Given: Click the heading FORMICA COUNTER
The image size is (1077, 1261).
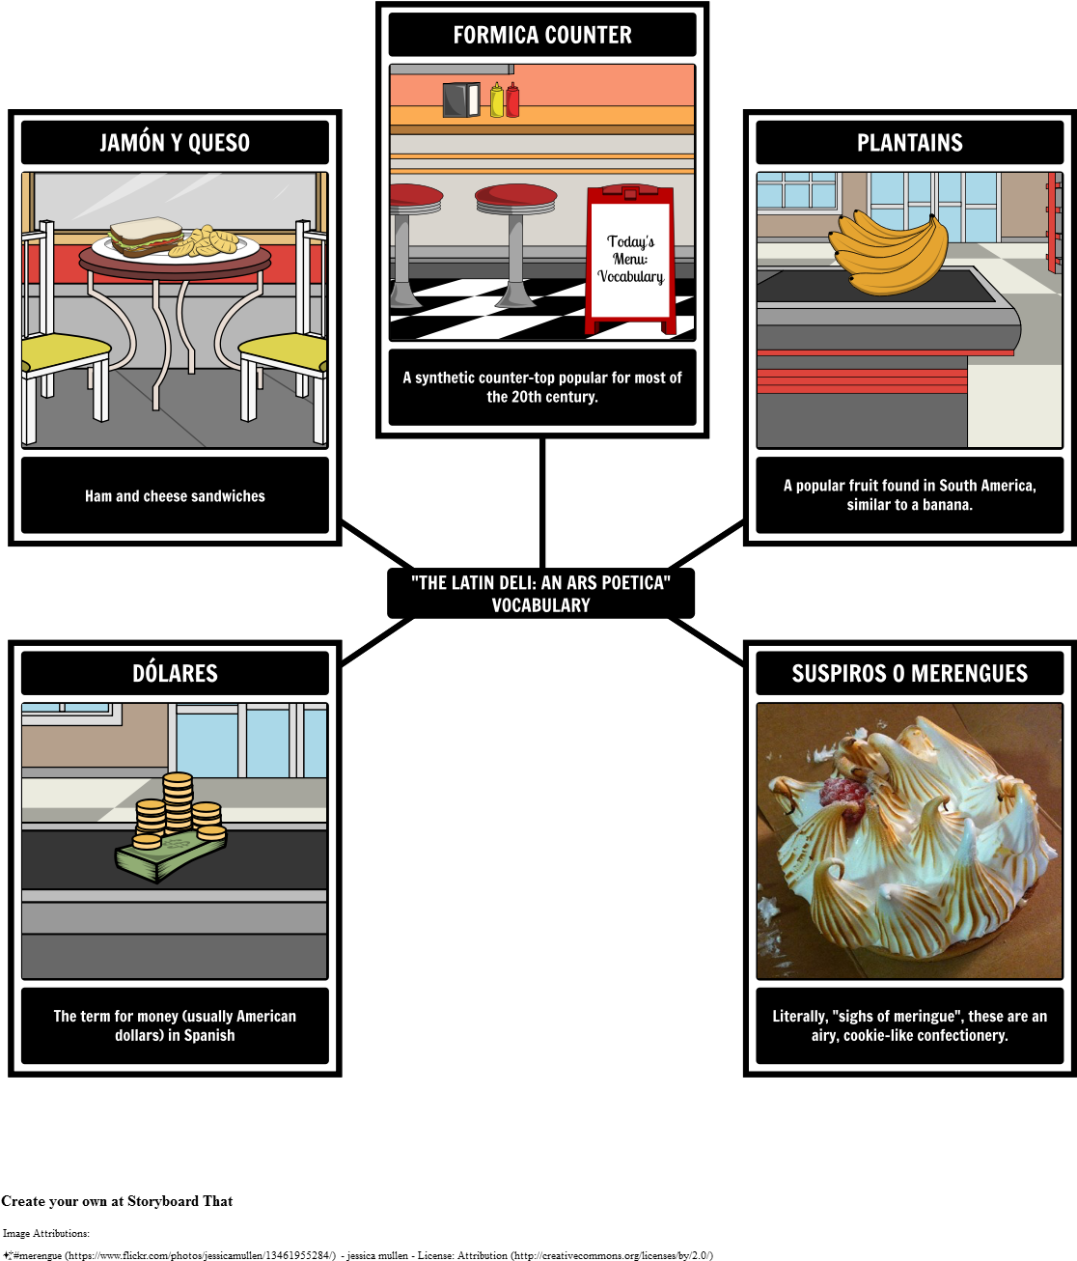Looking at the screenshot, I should (541, 36).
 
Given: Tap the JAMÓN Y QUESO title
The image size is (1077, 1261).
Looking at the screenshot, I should (175, 143).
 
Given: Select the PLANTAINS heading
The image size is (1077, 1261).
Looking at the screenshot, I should (909, 143).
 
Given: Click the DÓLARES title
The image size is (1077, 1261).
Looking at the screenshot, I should (175, 674).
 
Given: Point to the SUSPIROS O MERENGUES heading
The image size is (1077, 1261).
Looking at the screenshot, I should (909, 674).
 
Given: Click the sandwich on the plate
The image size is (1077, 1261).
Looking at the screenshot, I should (145, 236).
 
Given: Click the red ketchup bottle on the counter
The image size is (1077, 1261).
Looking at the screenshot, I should (512, 100).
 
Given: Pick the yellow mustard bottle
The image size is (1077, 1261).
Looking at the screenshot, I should (497, 100).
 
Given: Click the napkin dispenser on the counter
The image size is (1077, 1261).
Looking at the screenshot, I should (461, 100).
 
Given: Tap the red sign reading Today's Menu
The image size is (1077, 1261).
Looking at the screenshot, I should (630, 259).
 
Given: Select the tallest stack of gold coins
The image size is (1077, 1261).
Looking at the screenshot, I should (178, 801).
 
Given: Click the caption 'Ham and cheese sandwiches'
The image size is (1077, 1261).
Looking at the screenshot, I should (175, 496).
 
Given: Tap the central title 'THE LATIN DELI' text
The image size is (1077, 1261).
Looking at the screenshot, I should (540, 594).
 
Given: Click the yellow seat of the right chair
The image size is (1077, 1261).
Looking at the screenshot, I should (285, 349).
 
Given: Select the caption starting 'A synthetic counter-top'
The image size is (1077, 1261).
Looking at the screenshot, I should (541, 387).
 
